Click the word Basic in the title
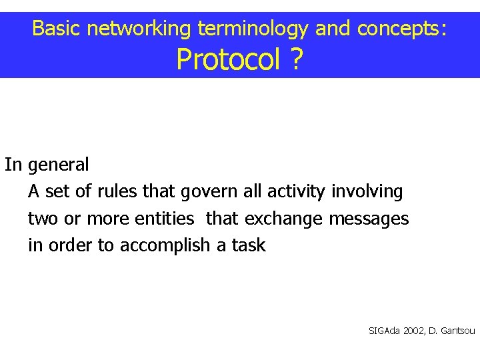[x=57, y=28]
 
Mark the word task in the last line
[x=249, y=246]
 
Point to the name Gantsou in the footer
[x=458, y=331]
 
